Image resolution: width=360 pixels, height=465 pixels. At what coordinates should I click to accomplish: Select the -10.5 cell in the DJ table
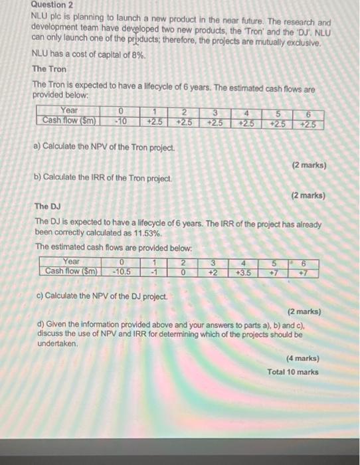pos(122,271)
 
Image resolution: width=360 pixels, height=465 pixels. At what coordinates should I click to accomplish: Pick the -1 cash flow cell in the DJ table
pos(154,271)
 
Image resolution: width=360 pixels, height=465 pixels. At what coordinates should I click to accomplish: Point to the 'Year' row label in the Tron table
pos(68,111)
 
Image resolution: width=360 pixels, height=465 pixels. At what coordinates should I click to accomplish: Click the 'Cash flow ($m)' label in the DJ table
pos(70,271)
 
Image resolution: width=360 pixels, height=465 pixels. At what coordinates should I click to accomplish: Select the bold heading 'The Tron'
pos(49,68)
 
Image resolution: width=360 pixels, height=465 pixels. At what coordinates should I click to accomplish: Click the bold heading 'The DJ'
pos(46,207)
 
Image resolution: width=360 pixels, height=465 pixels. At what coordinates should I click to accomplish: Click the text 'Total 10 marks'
pos(293,372)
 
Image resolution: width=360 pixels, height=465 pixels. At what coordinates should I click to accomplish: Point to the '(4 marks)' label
pos(302,358)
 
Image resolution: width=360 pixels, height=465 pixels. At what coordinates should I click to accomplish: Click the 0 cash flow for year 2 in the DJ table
pos(183,271)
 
